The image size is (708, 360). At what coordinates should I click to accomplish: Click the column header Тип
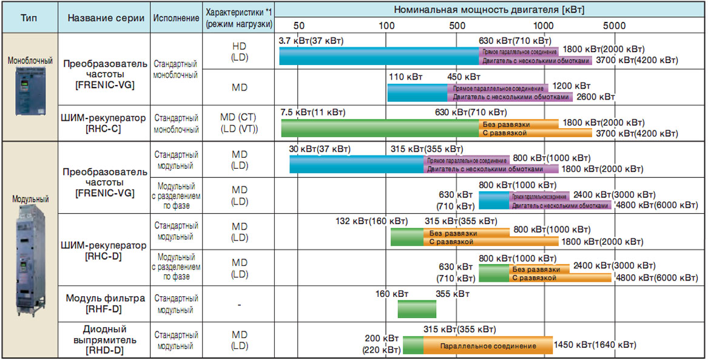click(x=29, y=19)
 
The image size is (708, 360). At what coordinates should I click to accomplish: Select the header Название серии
click(x=106, y=19)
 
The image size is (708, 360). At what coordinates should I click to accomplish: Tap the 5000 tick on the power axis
click(x=614, y=25)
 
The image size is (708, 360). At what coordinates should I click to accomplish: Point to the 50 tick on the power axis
click(x=299, y=25)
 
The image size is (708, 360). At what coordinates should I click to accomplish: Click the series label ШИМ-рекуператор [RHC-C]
click(x=103, y=123)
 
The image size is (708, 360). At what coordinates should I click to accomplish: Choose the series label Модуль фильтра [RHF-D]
click(x=105, y=304)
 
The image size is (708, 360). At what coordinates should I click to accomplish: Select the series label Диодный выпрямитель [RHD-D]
click(x=105, y=339)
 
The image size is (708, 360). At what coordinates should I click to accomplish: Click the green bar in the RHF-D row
click(x=417, y=309)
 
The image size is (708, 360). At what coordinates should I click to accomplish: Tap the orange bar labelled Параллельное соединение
click(x=488, y=345)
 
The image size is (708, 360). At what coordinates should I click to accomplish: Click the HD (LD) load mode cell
click(x=239, y=52)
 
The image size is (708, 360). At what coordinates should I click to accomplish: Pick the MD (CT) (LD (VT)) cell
click(x=239, y=123)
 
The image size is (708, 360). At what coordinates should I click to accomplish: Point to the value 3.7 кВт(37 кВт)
click(x=311, y=41)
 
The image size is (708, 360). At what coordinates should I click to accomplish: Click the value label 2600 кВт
click(x=596, y=97)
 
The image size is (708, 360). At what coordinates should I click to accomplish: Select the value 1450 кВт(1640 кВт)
click(x=595, y=345)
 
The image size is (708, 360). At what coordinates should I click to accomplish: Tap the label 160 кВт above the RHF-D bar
click(x=393, y=294)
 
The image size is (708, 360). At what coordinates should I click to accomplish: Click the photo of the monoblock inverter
click(x=30, y=90)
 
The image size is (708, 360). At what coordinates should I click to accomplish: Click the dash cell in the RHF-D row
click(x=239, y=305)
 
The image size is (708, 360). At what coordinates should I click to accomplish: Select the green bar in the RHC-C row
click(x=380, y=128)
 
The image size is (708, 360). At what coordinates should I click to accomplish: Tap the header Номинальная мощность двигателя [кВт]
click(x=489, y=10)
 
